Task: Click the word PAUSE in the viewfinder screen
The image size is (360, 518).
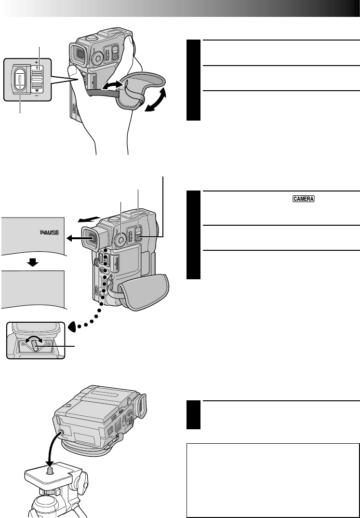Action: pyautogui.click(x=49, y=232)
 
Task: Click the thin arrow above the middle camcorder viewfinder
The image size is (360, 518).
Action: pyautogui.click(x=88, y=218)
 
